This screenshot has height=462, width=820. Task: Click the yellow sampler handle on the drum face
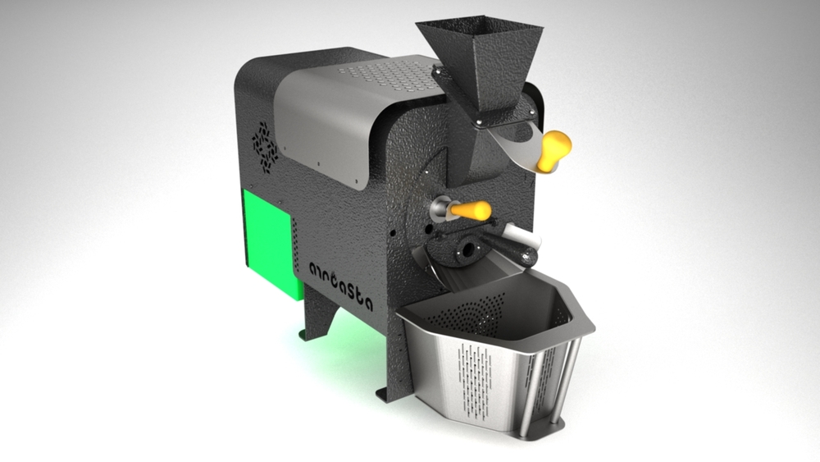[471, 211]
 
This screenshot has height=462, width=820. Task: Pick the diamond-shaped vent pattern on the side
[265, 145]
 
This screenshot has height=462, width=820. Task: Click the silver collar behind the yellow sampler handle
[441, 209]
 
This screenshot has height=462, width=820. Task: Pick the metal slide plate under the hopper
[517, 148]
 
